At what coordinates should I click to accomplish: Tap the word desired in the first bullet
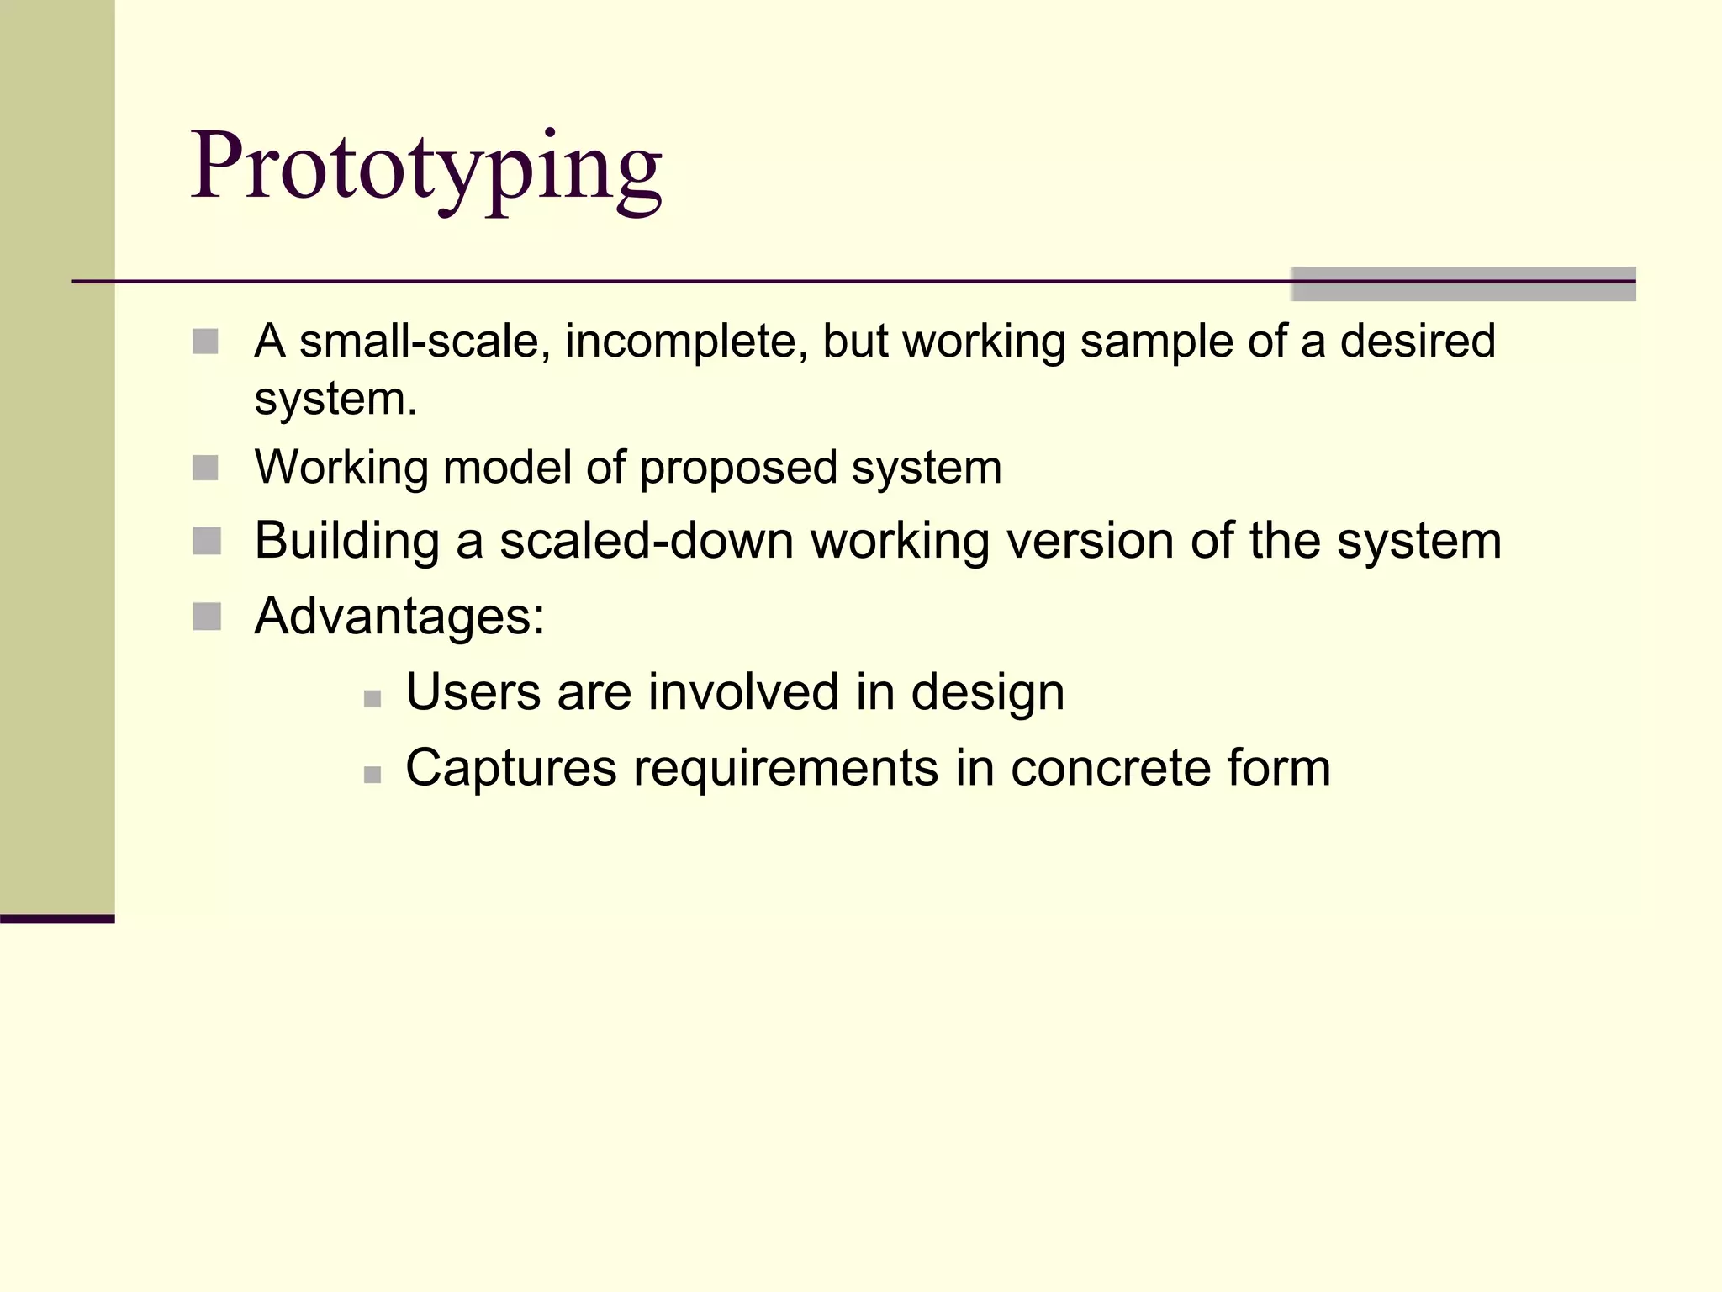coord(1418,341)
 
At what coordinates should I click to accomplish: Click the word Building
coord(346,541)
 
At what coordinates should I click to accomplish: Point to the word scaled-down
coord(647,541)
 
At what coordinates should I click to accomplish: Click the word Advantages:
coord(399,617)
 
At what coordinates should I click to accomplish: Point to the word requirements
coord(785,770)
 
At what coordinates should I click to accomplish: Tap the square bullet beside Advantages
coord(206,617)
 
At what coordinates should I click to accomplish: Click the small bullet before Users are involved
coord(372,698)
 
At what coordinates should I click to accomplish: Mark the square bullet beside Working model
coord(205,468)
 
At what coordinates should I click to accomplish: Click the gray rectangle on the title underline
coord(1463,284)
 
